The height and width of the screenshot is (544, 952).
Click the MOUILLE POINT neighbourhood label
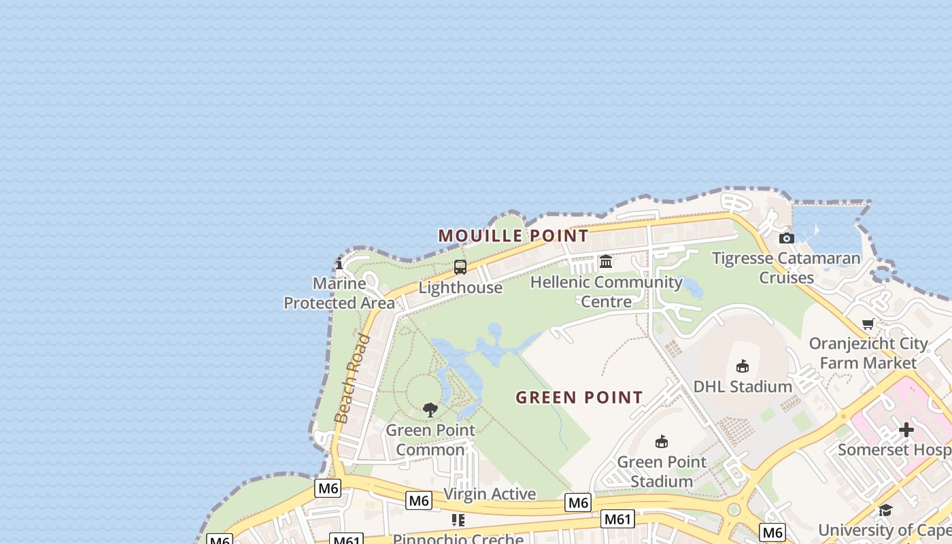click(513, 236)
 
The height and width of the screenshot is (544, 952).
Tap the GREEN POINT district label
click(579, 397)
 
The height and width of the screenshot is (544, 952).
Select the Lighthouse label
click(460, 288)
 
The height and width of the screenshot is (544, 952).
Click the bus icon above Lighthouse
click(460, 267)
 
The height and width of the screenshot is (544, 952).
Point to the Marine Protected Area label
click(339, 293)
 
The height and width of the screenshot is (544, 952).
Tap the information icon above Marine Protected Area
click(339, 265)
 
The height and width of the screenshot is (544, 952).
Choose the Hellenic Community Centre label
click(607, 291)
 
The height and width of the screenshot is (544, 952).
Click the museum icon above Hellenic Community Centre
click(606, 261)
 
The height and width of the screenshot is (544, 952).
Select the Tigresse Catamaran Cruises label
click(787, 268)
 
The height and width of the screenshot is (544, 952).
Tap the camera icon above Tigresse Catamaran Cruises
click(787, 238)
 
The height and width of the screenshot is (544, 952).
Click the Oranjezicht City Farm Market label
click(868, 353)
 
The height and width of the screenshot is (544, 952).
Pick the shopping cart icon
click(868, 324)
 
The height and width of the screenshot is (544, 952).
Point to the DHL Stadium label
click(743, 387)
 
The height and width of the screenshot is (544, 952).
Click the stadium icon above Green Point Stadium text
click(661, 442)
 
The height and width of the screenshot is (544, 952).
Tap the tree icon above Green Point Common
click(430, 409)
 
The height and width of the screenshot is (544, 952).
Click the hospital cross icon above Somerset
click(906, 430)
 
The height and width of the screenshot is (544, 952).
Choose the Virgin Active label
click(490, 494)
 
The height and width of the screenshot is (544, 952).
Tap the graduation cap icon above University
click(885, 510)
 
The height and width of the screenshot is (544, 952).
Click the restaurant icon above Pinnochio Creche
click(458, 520)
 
